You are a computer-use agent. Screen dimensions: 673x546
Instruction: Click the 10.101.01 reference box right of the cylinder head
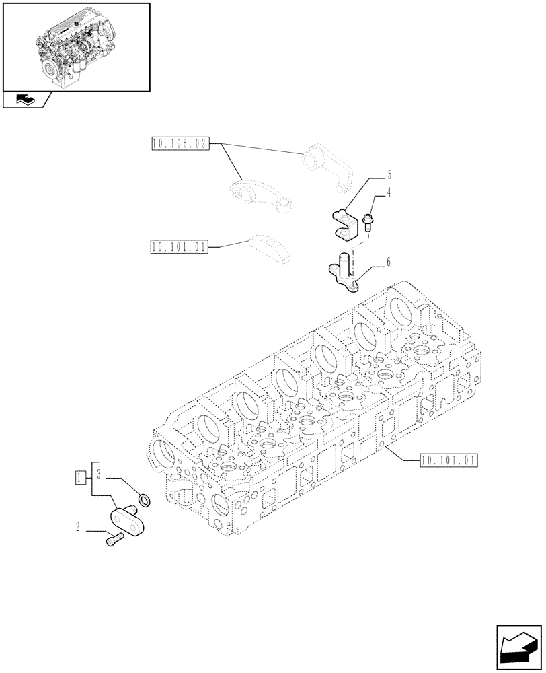448,460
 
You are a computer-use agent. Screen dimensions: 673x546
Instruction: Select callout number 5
389,175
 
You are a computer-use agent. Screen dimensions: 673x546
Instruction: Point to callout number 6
389,262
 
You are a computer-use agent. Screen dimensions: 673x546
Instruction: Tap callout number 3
99,474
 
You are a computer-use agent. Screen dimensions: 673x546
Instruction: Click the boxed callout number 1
80,478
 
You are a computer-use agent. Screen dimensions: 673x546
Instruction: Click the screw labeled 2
114,539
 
